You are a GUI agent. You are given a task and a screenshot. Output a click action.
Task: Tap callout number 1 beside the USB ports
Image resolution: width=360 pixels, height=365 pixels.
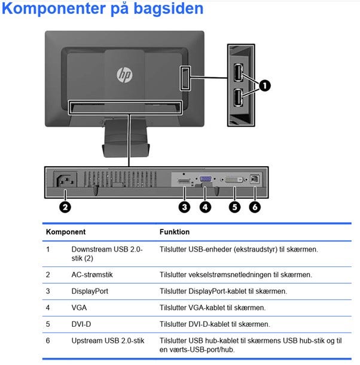pos(264,85)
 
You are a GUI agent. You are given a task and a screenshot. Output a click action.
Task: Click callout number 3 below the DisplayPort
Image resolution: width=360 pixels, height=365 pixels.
pos(184,207)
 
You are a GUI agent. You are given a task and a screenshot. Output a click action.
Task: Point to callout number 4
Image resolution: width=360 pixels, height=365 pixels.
pos(206,207)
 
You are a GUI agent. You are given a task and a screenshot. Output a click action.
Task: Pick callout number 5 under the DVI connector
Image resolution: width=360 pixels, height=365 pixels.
pos(234,207)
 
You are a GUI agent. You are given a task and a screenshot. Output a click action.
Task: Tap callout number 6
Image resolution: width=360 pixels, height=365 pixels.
pos(256,207)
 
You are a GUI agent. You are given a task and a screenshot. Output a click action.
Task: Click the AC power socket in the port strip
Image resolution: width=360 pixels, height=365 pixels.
pos(65,180)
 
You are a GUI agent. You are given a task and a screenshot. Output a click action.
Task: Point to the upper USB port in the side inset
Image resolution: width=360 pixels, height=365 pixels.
pos(237,72)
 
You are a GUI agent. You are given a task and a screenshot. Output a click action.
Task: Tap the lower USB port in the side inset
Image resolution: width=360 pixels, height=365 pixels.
pos(237,97)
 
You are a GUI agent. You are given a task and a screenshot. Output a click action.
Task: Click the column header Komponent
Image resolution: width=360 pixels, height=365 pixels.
pos(66,232)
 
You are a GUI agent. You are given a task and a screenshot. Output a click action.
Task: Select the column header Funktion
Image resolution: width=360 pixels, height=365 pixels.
pos(175,232)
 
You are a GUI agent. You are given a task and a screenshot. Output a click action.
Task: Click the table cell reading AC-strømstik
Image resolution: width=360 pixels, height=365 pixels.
pos(92,275)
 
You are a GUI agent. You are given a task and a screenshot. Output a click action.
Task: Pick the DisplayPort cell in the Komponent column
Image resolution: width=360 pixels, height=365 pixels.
pos(90,292)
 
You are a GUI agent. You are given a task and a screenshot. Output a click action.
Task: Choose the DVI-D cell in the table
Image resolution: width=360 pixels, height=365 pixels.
pos(81,324)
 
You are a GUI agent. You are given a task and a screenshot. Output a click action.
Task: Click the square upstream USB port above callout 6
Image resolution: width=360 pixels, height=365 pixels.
pos(256,179)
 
